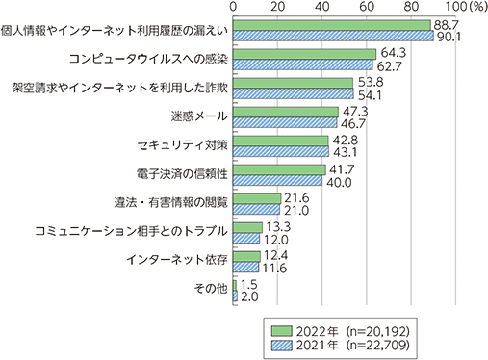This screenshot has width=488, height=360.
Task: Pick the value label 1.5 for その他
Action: tap(249, 284)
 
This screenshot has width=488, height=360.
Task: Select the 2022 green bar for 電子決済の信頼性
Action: tap(280, 169)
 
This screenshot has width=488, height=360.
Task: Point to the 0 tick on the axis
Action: tap(234, 8)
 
